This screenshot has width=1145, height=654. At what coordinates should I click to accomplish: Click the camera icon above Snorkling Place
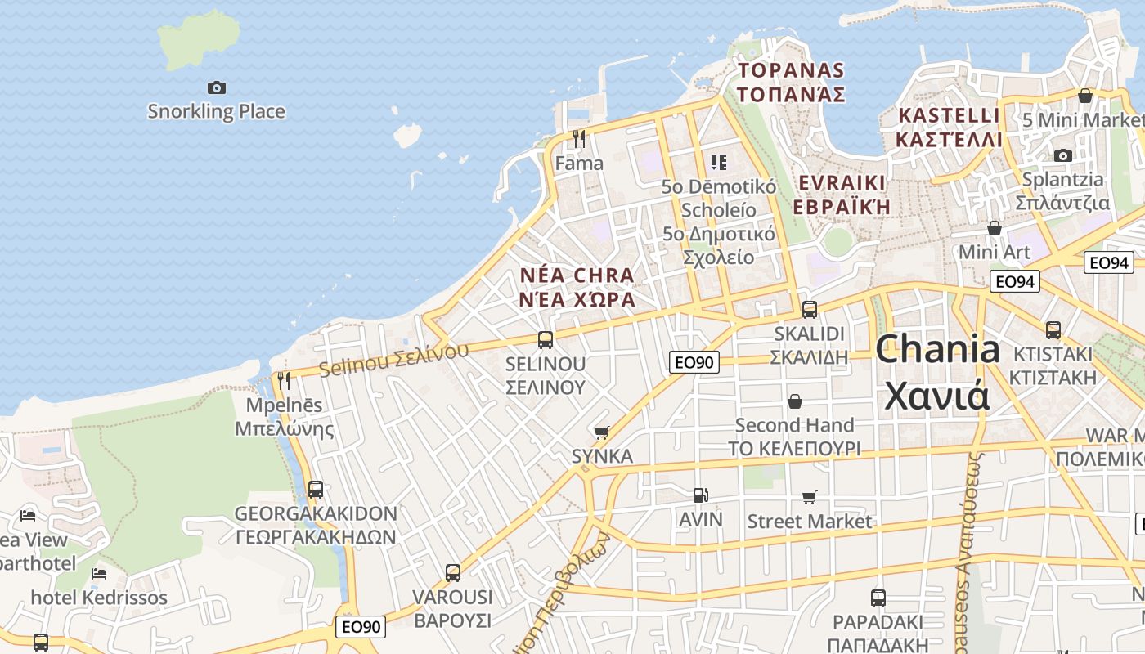217,87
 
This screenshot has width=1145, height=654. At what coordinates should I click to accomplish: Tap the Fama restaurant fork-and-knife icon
579,139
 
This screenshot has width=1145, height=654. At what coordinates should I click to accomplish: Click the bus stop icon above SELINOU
546,340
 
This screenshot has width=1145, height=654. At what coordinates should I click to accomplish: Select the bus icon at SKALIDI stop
810,310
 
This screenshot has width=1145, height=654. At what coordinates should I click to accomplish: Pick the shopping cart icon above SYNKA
602,432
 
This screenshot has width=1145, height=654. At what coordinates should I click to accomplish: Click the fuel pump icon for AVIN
700,495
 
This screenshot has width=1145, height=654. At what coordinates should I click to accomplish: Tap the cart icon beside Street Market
810,497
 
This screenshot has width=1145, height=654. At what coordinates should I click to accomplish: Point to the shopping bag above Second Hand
794,401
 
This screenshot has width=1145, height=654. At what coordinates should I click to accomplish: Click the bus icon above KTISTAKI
1053,330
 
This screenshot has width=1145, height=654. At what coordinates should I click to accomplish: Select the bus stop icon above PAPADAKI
878,598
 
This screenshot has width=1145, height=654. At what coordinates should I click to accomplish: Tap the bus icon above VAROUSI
453,573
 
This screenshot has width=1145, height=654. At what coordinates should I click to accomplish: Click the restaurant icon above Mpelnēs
284,380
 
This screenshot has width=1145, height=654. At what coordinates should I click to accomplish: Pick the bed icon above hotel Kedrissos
99,573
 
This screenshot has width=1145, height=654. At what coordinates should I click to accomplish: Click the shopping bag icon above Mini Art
995,228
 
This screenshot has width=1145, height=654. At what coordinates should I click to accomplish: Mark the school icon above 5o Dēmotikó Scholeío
719,162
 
